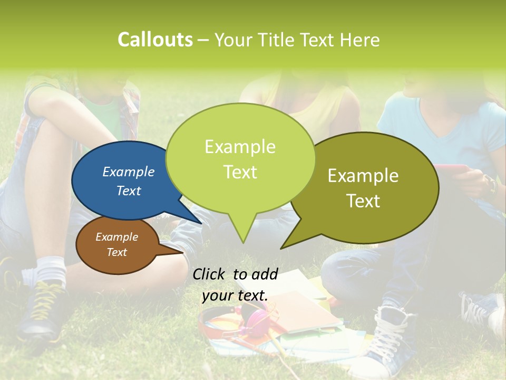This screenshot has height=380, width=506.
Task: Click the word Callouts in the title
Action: pos(155,40)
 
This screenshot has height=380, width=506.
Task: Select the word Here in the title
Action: pos(361,40)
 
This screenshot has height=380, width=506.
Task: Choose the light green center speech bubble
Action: pos(240,158)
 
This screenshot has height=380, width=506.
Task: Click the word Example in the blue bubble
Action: pos(129,172)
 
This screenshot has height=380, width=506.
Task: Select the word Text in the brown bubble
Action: pos(117,252)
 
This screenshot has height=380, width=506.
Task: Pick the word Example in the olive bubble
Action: pos(363,176)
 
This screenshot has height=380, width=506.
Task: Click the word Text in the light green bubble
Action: pos(240,172)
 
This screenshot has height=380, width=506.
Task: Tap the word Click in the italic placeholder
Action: pos(209,274)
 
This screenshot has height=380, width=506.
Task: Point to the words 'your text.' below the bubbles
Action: pos(235,296)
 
